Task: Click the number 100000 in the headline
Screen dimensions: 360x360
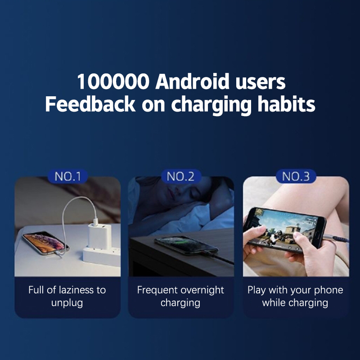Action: click(x=113, y=82)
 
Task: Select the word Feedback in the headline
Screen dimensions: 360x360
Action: click(x=90, y=104)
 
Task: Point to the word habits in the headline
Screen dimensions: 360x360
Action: click(x=286, y=104)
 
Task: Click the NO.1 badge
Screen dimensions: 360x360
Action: click(x=68, y=176)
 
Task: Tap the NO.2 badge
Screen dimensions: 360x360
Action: click(x=180, y=176)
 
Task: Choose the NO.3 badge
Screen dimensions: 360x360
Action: click(x=296, y=176)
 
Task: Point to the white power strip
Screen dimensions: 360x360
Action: click(x=102, y=256)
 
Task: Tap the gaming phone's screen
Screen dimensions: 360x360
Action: click(x=286, y=229)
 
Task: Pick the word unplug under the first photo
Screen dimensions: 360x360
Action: click(x=67, y=303)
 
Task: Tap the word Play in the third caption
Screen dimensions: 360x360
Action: click(x=257, y=290)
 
